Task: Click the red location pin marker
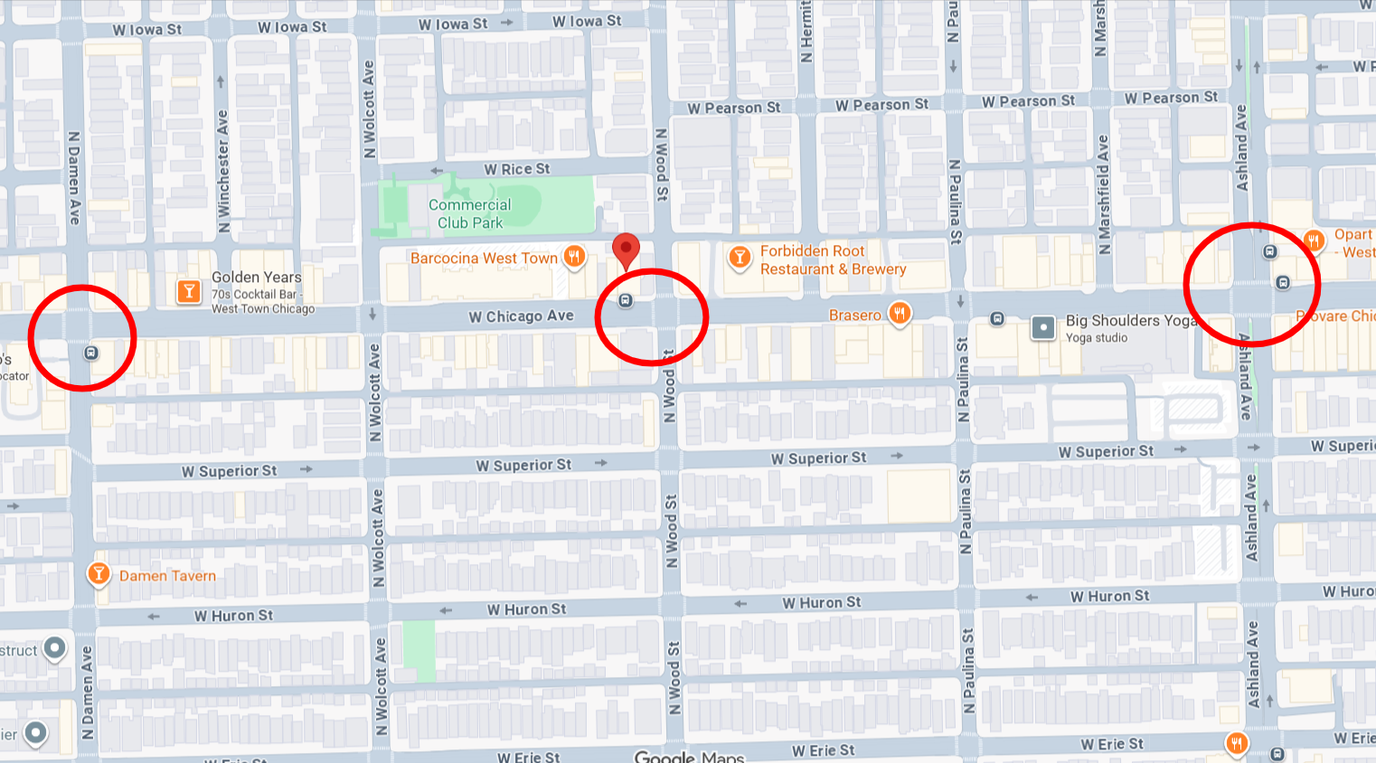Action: [626, 250]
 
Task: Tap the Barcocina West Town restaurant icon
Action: [573, 257]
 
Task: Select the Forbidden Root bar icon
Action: [739, 258]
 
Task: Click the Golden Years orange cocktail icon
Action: [189, 291]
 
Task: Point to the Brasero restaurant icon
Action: [899, 314]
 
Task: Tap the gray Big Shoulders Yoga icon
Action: [1043, 327]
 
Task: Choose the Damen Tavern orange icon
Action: [99, 574]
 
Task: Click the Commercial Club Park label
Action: [469, 214]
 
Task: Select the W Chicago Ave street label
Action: [521, 316]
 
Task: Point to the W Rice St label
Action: [516, 169]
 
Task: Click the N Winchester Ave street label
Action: [223, 171]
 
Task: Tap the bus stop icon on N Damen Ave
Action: [91, 353]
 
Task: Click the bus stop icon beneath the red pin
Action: [625, 300]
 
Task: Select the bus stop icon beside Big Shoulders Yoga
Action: [997, 318]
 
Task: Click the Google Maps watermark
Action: [688, 756]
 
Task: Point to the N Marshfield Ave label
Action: [1103, 195]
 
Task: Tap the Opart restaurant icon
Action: [1314, 240]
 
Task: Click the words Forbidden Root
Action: [812, 250]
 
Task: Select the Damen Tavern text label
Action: [167, 576]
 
